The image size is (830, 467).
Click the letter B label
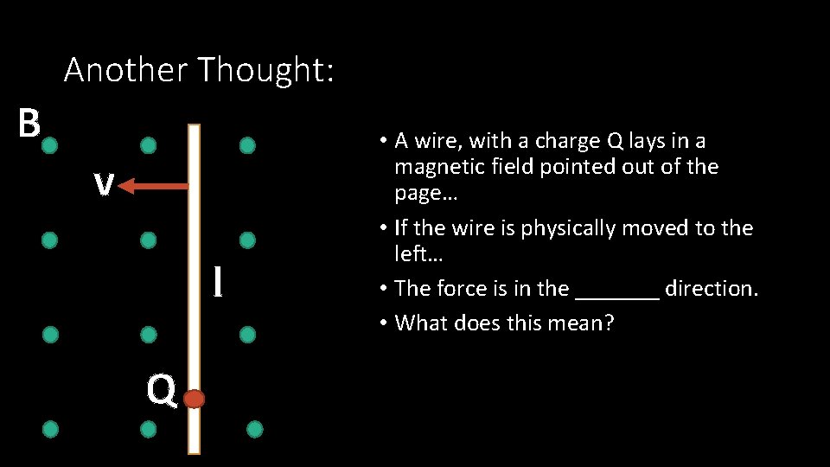click(29, 124)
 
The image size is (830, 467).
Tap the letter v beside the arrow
click(105, 184)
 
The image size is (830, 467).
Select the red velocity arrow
click(153, 186)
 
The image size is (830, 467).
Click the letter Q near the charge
click(161, 391)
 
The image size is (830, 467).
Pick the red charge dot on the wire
click(194, 399)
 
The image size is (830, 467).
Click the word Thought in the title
click(265, 70)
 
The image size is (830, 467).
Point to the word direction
click(711, 288)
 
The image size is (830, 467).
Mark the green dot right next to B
click(49, 145)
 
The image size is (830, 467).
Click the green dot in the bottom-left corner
click(51, 428)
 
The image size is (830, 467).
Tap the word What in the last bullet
click(420, 323)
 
